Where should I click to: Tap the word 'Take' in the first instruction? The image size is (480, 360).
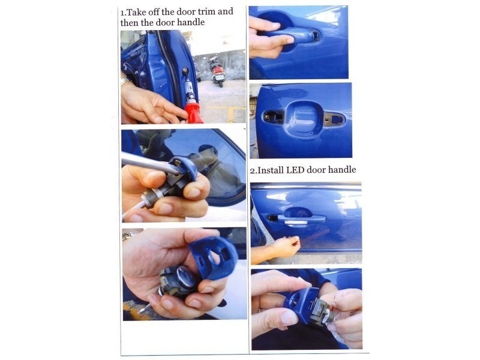pyautogui.click(x=136, y=13)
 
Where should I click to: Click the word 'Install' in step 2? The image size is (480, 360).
pyautogui.click(x=271, y=170)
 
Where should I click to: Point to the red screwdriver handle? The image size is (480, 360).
pyautogui.click(x=193, y=113)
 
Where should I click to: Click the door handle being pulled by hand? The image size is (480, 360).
pyautogui.click(x=294, y=35)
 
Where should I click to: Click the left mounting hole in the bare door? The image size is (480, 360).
pyautogui.click(x=273, y=116)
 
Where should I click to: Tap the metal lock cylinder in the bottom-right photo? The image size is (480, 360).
pyautogui.click(x=322, y=311)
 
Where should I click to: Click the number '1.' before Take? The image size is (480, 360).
pyautogui.click(x=123, y=13)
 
